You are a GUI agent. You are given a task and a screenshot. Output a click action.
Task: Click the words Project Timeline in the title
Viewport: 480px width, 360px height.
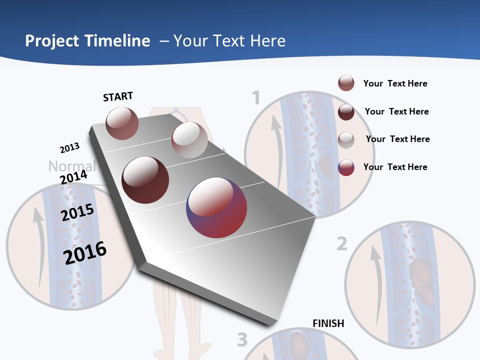87,41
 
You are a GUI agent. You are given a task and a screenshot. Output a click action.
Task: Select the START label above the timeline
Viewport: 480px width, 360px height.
118,96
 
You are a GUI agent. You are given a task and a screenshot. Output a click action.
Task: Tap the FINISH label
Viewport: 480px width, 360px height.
328,323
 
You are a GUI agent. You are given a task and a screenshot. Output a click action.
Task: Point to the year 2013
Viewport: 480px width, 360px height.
69,148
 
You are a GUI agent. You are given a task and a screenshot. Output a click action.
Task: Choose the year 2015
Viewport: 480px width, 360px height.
77,212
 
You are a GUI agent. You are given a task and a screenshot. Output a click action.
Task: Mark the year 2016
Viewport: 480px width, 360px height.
85,252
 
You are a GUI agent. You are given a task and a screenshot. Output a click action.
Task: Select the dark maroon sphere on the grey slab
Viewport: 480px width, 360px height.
145,179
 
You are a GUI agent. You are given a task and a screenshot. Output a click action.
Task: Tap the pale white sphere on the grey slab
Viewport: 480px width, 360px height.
189,140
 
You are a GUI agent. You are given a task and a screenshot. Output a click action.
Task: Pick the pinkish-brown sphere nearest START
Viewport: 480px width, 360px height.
122,123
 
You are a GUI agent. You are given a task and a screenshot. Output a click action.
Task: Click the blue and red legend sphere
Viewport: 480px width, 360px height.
346,167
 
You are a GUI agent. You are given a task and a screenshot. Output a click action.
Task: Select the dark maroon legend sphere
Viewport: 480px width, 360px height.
346,112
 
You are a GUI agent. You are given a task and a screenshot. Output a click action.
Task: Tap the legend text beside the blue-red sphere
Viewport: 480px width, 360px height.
395,167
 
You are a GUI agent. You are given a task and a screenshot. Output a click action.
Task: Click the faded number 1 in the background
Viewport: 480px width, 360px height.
256,98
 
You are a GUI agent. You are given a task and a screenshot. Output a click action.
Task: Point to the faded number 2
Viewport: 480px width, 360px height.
341,244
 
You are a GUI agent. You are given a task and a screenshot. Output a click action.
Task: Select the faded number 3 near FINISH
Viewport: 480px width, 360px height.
242,340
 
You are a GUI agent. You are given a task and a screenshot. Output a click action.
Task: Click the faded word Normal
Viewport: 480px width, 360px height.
71,166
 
